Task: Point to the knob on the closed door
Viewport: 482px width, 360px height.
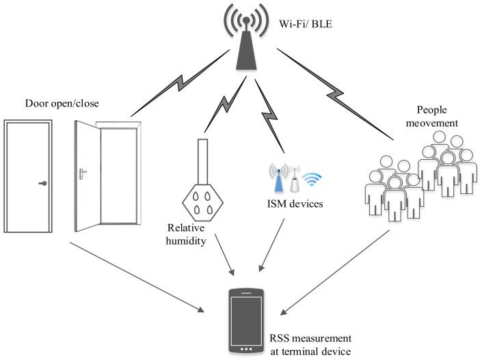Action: pos(42,183)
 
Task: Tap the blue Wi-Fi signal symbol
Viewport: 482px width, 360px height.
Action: pos(311,180)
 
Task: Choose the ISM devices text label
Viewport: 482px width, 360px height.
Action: pos(295,203)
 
